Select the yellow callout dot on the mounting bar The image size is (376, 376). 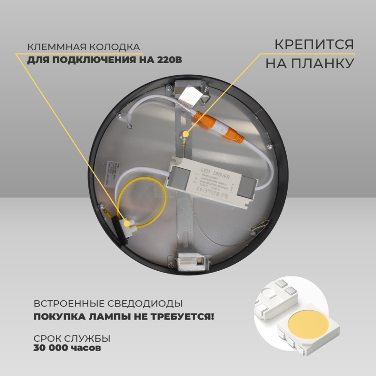[186, 134]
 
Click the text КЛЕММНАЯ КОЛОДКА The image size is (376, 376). [84, 47]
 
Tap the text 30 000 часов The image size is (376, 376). [67, 348]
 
